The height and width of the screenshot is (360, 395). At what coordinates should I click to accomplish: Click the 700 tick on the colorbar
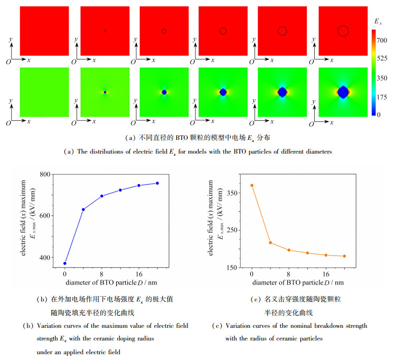385,33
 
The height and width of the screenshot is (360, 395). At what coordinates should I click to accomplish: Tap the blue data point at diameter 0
65,263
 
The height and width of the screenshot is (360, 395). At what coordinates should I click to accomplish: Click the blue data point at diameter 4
83,210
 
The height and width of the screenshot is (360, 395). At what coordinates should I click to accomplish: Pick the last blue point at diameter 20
157,183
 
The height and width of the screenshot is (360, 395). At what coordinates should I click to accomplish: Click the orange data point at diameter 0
252,185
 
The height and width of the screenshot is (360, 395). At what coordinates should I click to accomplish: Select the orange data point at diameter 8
289,250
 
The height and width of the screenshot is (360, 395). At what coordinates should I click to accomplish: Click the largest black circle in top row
343,31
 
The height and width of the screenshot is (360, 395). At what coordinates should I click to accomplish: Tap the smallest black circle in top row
105,31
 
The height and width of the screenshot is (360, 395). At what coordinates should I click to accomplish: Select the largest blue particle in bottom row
343,92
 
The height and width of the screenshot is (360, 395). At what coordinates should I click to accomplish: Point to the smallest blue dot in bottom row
105,92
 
